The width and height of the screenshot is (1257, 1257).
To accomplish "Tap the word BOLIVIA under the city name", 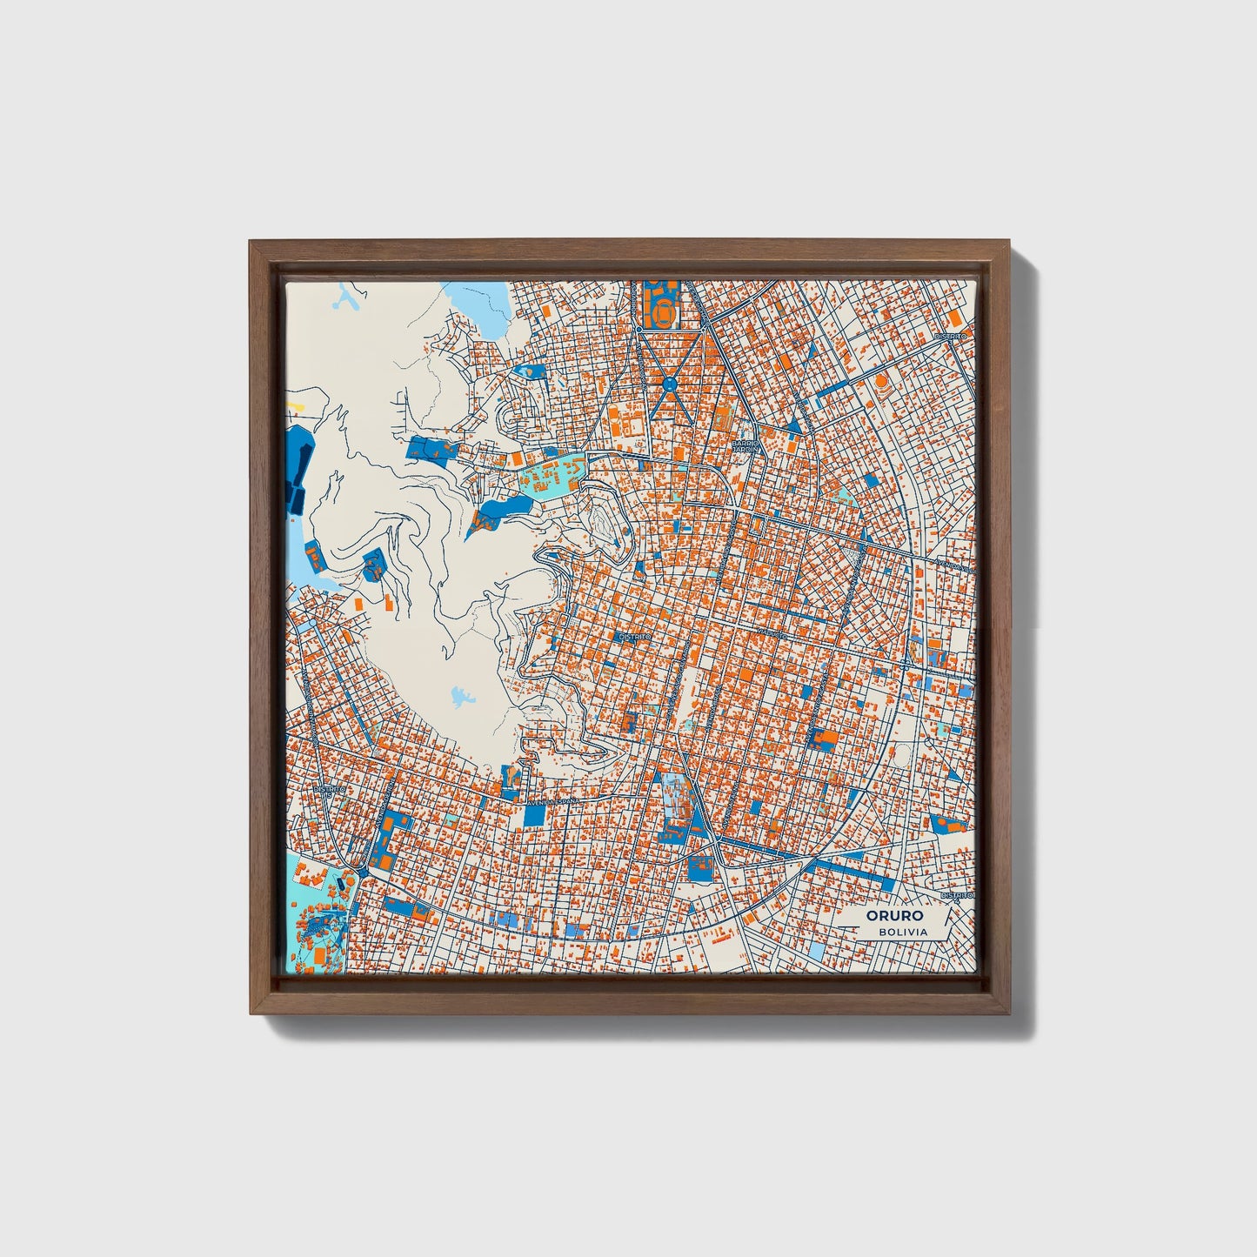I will [x=902, y=932].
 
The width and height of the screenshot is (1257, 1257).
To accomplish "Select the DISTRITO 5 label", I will [x=634, y=637].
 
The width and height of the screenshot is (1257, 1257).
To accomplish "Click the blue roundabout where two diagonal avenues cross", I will [x=669, y=383].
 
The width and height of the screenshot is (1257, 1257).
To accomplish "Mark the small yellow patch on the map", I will [x=296, y=405].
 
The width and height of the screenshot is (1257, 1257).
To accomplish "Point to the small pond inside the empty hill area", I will [x=461, y=696].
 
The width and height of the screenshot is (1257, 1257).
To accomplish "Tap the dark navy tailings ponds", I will [x=295, y=465].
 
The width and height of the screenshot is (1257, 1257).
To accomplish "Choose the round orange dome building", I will [x=881, y=381].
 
